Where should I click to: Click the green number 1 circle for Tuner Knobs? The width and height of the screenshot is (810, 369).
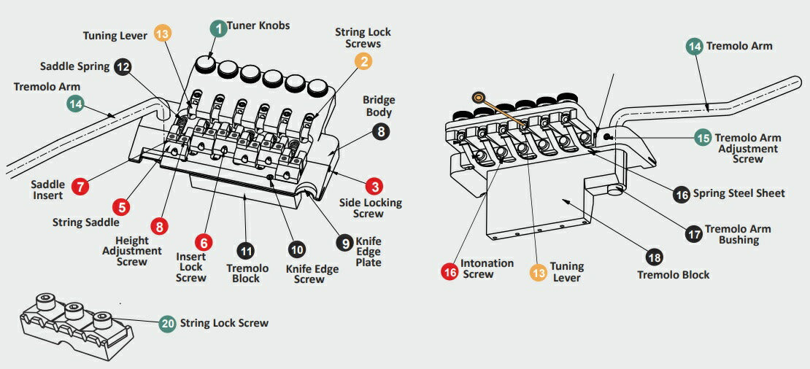[217, 28]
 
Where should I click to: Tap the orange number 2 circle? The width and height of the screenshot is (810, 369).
[363, 61]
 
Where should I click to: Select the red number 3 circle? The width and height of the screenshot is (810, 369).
[374, 187]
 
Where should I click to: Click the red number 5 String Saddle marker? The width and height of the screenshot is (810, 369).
[123, 206]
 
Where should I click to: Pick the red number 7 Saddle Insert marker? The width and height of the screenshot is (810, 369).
[80, 185]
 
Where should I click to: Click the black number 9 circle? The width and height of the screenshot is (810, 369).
[344, 241]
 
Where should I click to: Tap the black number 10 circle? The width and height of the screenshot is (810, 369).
[296, 250]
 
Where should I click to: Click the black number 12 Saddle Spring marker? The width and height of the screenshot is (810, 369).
[123, 66]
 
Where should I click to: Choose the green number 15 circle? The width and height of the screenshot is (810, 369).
[703, 137]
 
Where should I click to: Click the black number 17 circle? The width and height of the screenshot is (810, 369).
[694, 234]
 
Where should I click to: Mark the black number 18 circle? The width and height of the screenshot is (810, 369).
[654, 257]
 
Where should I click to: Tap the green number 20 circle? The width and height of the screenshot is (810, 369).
[168, 323]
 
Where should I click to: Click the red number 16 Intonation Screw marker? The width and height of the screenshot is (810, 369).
[450, 271]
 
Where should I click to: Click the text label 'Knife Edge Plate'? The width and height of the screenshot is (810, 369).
[369, 252]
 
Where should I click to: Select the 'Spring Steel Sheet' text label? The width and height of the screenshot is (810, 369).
[738, 193]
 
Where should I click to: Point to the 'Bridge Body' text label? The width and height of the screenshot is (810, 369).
[378, 106]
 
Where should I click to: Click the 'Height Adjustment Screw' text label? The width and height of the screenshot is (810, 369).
[133, 251]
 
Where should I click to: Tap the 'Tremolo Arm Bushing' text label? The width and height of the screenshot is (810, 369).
[738, 234]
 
